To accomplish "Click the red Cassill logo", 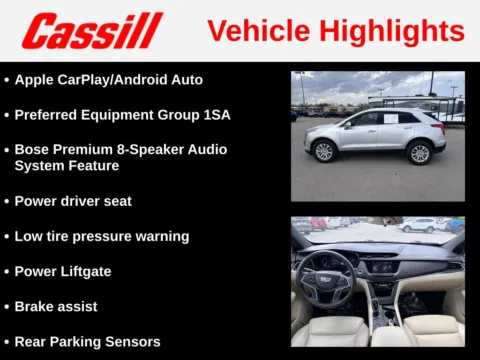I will (x=93, y=30).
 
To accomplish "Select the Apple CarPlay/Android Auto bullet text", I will (x=108, y=79).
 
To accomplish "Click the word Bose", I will (x=33, y=149).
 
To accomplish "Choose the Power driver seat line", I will (x=73, y=201).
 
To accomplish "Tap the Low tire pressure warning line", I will (x=101, y=237).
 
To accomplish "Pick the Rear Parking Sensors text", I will (x=87, y=342).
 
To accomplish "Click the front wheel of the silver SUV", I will (x=323, y=151).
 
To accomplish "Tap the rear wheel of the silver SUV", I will (x=420, y=152).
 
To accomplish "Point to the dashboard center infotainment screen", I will (x=384, y=266).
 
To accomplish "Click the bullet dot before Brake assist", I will (x=7, y=306).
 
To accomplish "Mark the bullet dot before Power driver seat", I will (x=7, y=201).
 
